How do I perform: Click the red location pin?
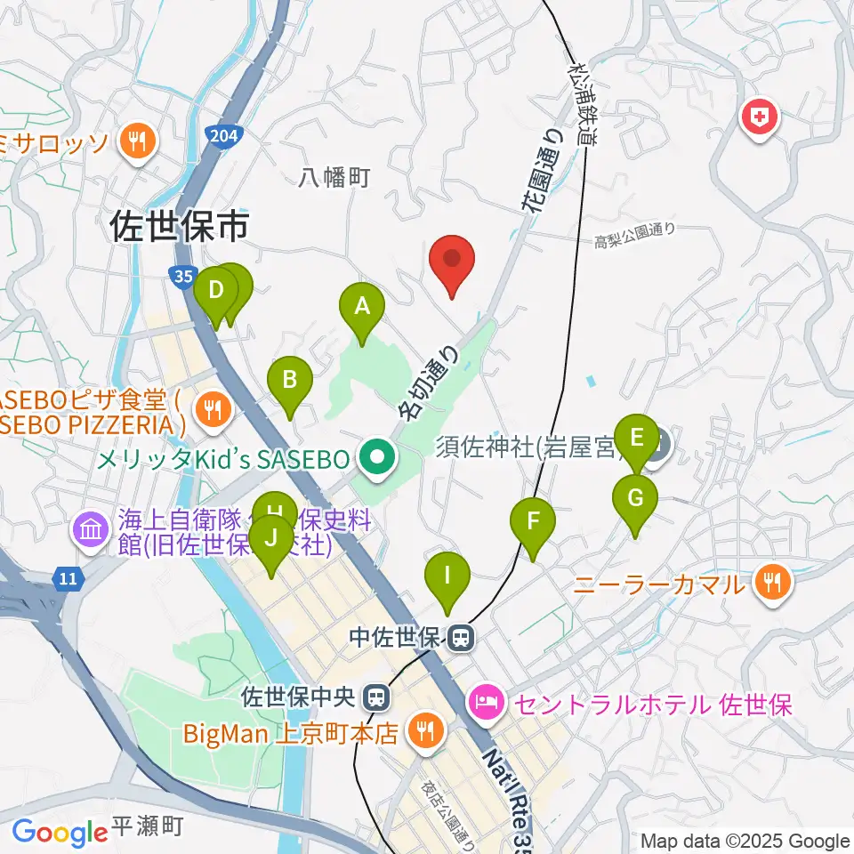[x=452, y=260]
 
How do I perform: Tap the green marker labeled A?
[x=362, y=308]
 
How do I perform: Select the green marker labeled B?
[x=289, y=382]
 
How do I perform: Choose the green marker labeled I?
[x=447, y=576]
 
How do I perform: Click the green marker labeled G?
[x=635, y=499]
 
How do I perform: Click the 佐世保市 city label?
[x=179, y=228]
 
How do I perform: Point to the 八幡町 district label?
[x=334, y=179]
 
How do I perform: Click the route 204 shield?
[x=221, y=136]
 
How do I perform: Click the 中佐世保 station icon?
[x=461, y=637]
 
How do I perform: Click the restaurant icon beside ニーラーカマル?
[x=770, y=584]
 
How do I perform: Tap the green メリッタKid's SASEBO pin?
[x=376, y=460]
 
